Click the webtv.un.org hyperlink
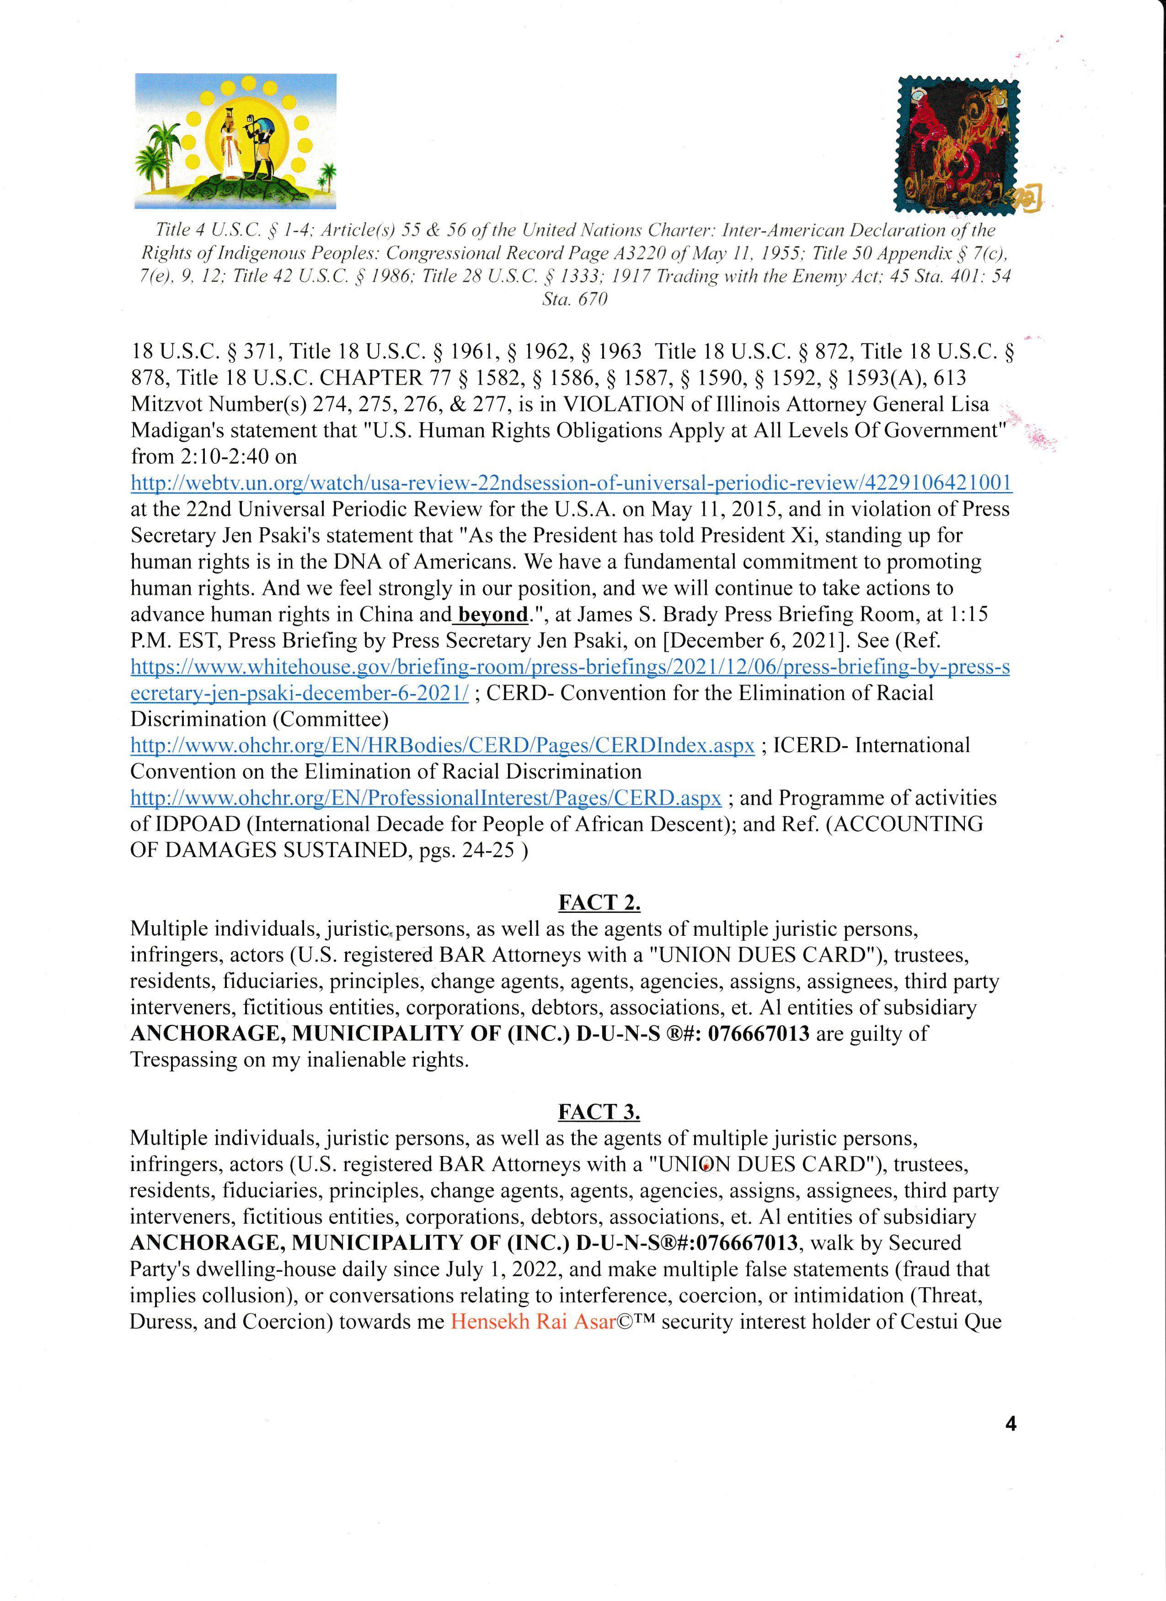point(571,483)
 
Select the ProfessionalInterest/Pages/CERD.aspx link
point(426,798)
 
